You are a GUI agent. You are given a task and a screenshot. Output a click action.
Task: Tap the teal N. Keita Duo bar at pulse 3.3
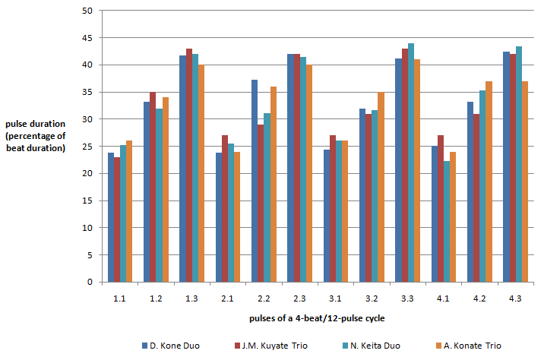(411, 163)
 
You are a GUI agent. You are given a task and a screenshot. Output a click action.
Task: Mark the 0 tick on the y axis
(88, 283)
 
